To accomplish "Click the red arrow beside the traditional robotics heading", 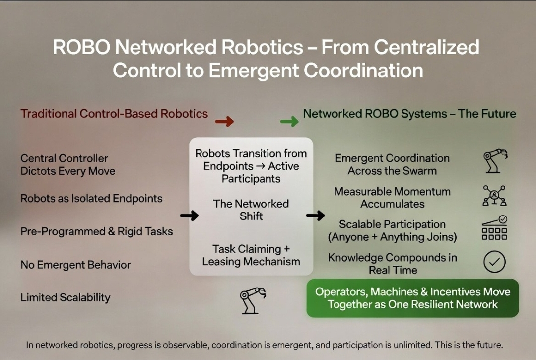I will pyautogui.click(x=224, y=121).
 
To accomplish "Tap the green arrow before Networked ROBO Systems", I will pyautogui.click(x=289, y=121).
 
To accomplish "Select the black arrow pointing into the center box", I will pyautogui.click(x=189, y=216).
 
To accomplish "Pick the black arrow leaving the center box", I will pyautogui.click(x=315, y=216).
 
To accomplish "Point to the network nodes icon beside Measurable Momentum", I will pyautogui.click(x=494, y=196).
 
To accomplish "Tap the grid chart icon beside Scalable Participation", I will pyautogui.click(x=494, y=228).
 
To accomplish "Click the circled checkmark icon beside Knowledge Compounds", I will pyautogui.click(x=494, y=262).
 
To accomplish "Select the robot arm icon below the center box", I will pyautogui.click(x=252, y=300).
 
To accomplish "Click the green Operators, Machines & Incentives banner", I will pyautogui.click(x=412, y=298).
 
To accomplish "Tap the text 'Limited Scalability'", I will pyautogui.click(x=66, y=298).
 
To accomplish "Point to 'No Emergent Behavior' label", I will pyautogui.click(x=75, y=265).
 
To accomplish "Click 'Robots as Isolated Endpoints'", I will pyautogui.click(x=91, y=199).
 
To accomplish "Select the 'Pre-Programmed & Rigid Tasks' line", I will pyautogui.click(x=97, y=231).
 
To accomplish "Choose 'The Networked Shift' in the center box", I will pyautogui.click(x=251, y=210).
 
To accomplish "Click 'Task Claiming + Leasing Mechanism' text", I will pyautogui.click(x=251, y=255).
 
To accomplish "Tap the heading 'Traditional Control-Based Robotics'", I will pyautogui.click(x=114, y=114).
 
